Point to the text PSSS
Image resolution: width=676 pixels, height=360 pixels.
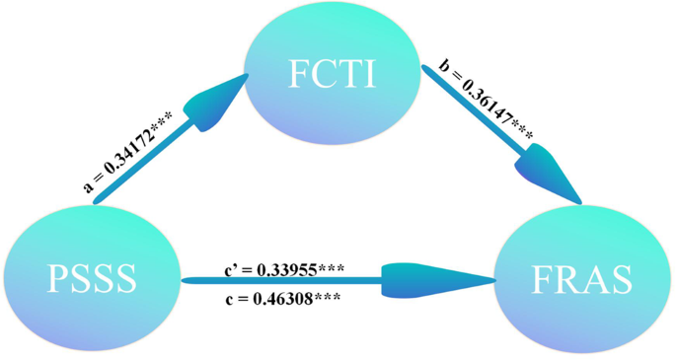(x=90, y=280)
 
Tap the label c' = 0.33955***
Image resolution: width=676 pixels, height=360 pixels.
(x=286, y=268)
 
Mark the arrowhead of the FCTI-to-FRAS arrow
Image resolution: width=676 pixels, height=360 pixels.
(x=548, y=174)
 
